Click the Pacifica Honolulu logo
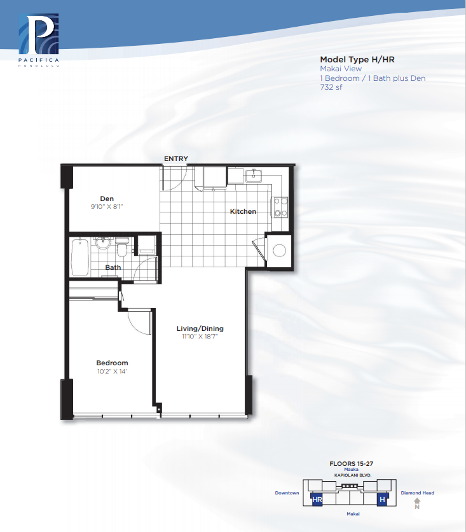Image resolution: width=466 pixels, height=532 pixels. pos(39,39)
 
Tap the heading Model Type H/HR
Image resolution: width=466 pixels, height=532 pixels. pos(357,59)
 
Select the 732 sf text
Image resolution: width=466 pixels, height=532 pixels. pos(331,87)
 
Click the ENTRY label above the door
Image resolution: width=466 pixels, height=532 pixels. pos(176,158)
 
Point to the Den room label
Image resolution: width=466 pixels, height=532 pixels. pos(107,199)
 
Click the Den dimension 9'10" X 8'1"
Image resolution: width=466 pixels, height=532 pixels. pos(107,206)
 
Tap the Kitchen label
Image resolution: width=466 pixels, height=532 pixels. pos(243,211)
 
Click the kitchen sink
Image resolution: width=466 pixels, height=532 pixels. pos(254,176)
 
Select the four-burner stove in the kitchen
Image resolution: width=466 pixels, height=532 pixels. pos(280,207)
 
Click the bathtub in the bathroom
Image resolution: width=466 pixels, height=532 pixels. pos(80,257)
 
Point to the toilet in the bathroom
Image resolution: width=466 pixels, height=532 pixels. pos(122,247)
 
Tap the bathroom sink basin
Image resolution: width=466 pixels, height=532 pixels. pos(102,242)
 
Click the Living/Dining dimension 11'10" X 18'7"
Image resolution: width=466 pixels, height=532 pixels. pos(200,336)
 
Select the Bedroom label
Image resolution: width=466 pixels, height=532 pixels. pos(112,363)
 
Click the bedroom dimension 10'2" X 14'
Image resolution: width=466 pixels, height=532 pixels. pos(112,371)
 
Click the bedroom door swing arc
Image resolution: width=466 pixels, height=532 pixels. pos(135,326)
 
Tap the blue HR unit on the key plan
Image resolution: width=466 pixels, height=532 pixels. pos(317,499)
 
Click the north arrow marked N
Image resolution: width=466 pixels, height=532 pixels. pos(417,503)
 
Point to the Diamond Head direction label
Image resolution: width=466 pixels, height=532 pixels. pos(418,493)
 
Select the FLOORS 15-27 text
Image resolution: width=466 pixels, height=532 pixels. pos(351,463)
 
